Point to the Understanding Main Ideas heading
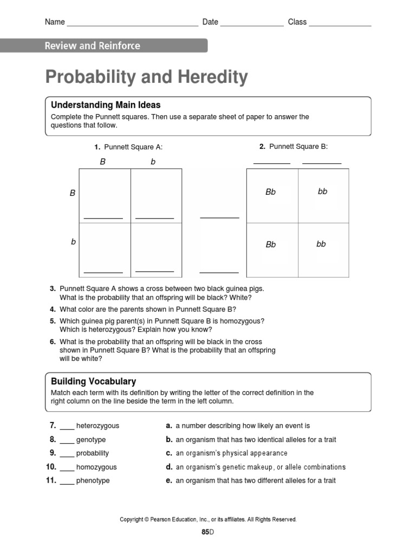point(106,105)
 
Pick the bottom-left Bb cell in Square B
point(271,245)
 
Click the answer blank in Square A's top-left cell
point(103,217)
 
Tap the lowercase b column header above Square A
point(153,162)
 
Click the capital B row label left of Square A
point(73,193)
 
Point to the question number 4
point(53,309)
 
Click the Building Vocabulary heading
point(93,381)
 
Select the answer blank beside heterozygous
point(67,427)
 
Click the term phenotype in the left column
point(93,480)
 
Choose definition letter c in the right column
point(169,453)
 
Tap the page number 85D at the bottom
point(208,532)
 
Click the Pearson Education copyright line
point(208,519)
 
